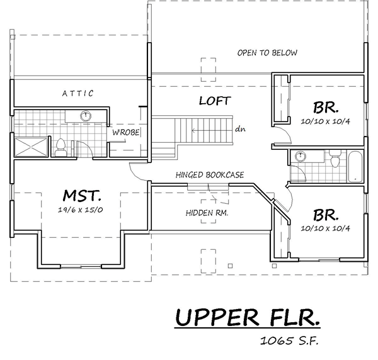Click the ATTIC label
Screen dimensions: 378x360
click(x=78, y=93)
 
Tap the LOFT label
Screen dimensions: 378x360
click(x=215, y=101)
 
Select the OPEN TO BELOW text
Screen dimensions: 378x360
click(x=267, y=53)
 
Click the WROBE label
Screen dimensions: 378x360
click(x=125, y=132)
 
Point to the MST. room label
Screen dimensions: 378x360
click(x=82, y=195)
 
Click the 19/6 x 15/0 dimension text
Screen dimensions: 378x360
click(x=81, y=210)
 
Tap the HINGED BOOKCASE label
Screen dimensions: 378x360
click(x=210, y=174)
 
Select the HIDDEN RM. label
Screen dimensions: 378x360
click(x=207, y=213)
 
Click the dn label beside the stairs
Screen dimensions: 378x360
click(x=241, y=129)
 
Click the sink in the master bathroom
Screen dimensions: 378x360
click(x=86, y=116)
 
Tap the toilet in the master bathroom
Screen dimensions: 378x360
click(x=60, y=148)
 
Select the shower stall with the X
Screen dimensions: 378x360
click(x=31, y=147)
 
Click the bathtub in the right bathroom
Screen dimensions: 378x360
click(x=355, y=166)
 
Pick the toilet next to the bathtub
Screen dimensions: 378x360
click(x=335, y=158)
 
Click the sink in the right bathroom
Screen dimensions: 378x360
click(x=301, y=156)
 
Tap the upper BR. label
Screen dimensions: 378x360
click(x=326, y=108)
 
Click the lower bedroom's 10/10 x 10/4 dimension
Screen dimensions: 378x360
click(x=325, y=228)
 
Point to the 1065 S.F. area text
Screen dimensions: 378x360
click(x=289, y=340)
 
